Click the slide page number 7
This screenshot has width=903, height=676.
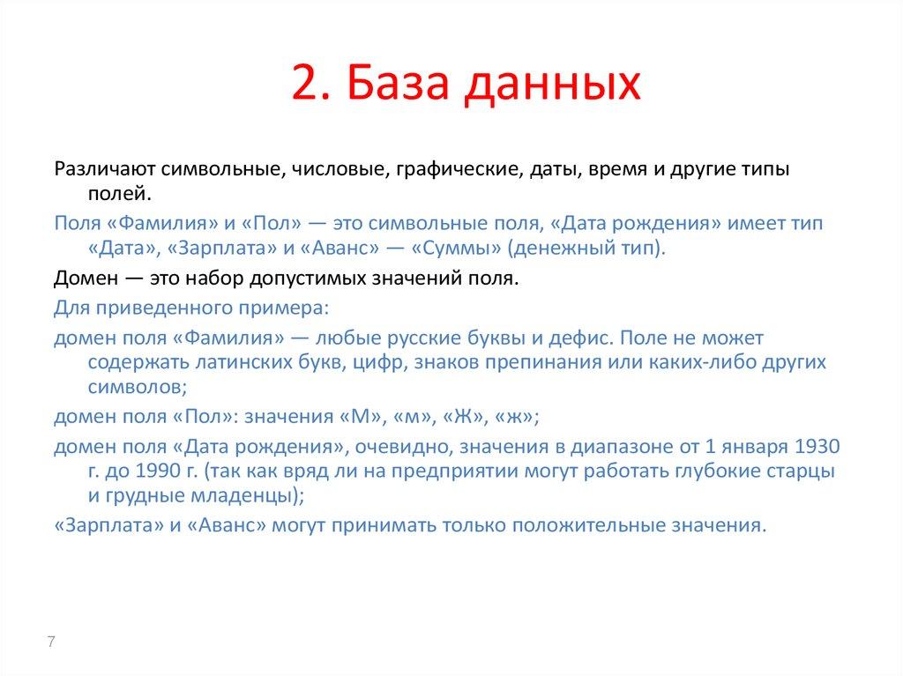click(x=51, y=642)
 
